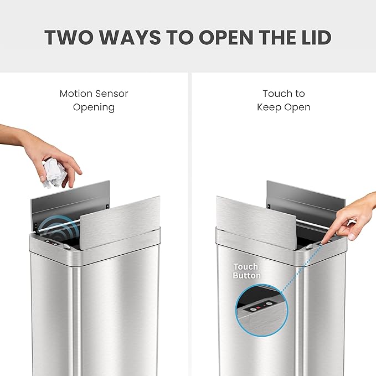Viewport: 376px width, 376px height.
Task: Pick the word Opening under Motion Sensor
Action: point(94,107)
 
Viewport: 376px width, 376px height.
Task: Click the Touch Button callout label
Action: point(247,271)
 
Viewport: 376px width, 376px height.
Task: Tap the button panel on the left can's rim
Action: point(53,243)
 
